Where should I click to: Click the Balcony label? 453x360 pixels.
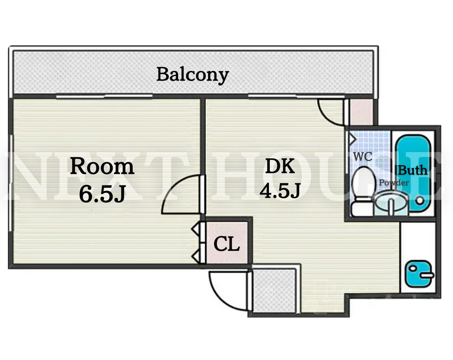click(193, 75)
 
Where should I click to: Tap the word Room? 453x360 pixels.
click(102, 166)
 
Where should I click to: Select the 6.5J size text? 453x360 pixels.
click(103, 194)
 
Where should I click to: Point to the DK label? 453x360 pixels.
click(280, 166)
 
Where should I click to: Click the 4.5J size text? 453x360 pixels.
click(280, 190)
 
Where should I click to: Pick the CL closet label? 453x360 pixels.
click(227, 244)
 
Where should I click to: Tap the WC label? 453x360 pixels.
click(363, 157)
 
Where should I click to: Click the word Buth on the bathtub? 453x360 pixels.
click(412, 170)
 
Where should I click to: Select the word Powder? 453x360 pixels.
click(394, 183)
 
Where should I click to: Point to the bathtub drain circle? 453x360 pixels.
click(420, 200)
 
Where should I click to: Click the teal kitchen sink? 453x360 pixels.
click(419, 274)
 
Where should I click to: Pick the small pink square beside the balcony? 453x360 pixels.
click(361, 112)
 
